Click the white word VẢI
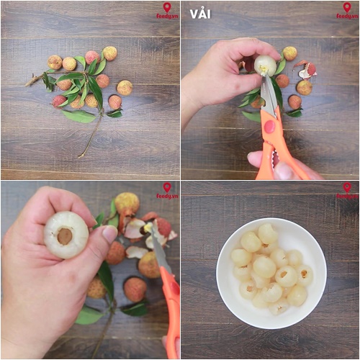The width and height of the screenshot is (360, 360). click(200, 14)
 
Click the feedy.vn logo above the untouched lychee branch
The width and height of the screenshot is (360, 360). click(167, 11)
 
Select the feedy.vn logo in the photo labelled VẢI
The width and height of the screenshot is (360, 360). click(347, 11)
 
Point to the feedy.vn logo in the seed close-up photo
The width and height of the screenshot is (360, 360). click(167, 191)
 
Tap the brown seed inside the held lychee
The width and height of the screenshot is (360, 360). click(66, 235)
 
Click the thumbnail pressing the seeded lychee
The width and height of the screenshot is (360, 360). click(109, 234)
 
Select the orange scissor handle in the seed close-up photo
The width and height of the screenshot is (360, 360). click(171, 302)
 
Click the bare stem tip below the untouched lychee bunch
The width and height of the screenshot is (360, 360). click(81, 155)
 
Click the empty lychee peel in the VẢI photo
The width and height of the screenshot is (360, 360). click(307, 70)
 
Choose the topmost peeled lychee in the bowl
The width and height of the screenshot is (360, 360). click(267, 233)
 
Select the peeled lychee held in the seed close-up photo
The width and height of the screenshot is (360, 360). click(66, 235)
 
